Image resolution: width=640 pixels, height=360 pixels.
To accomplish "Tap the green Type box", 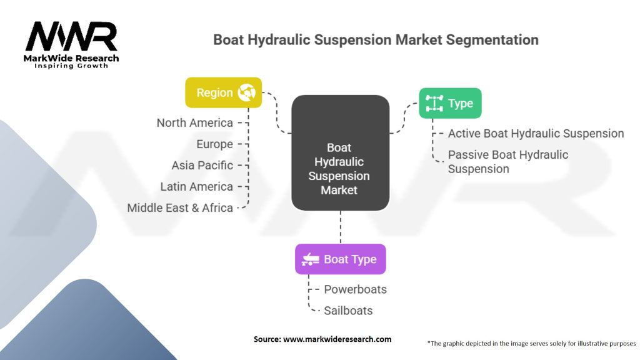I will (450, 103).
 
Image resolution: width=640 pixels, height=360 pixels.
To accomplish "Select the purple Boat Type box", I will (340, 259).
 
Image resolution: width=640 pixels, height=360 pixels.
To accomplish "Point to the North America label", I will (194, 123).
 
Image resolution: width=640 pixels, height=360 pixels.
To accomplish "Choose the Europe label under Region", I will (214, 144).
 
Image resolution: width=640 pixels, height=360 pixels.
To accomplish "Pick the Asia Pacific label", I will (202, 166).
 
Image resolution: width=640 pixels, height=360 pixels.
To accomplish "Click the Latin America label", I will (196, 187).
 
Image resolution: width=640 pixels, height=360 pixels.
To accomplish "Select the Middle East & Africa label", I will (180, 208).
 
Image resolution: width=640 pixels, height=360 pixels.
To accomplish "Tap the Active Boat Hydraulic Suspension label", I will (536, 133).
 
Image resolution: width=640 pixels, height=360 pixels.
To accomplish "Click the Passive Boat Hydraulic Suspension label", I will (507, 161).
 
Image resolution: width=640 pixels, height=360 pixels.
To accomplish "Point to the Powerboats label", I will (355, 289).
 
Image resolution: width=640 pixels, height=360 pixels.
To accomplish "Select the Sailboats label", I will (348, 311).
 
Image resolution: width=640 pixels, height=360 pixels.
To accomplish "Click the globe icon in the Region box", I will (246, 93).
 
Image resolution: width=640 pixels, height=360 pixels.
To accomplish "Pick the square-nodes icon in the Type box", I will (434, 103).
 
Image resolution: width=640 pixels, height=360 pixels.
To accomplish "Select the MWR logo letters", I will (71, 37).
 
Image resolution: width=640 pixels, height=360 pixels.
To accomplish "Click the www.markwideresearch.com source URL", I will (337, 339).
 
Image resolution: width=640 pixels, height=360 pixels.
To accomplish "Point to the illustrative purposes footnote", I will (531, 343).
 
